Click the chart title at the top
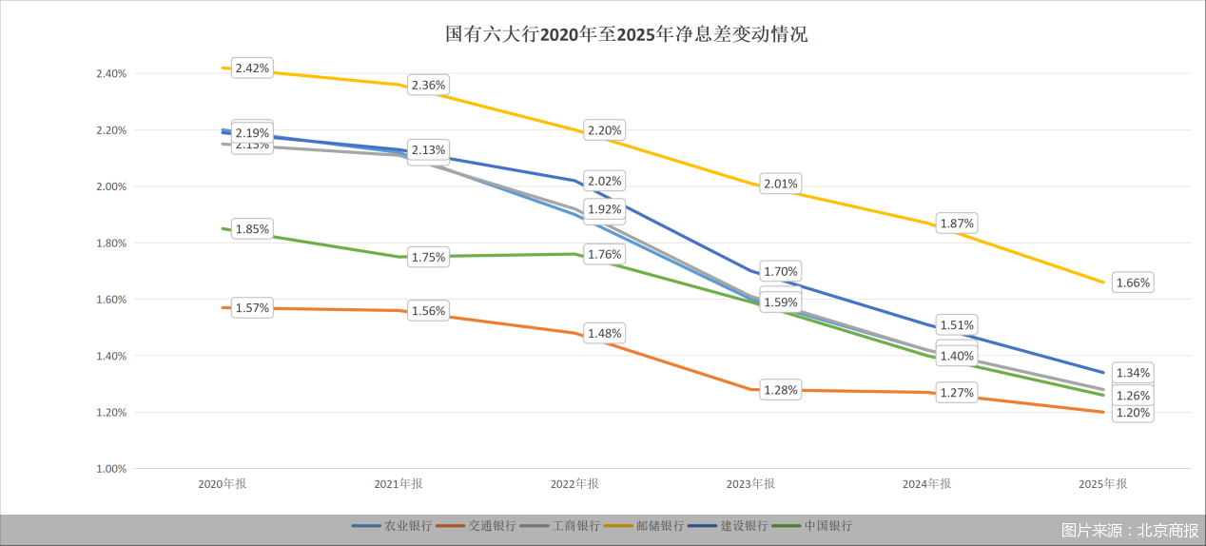[626, 35]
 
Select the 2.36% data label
[428, 86]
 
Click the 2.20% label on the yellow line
[604, 130]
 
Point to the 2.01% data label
[780, 184]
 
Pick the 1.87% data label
[957, 224]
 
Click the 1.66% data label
[1133, 283]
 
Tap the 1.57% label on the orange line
[252, 308]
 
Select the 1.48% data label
[604, 334]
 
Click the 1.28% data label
[780, 390]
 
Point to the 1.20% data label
[1133, 413]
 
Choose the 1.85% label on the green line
[252, 229]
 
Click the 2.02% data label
[604, 181]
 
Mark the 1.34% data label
[1133, 373]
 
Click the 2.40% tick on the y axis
[111, 74]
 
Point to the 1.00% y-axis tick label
[111, 469]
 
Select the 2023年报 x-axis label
[750, 484]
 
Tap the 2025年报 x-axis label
[1102, 484]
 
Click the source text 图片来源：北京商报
[1130, 530]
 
